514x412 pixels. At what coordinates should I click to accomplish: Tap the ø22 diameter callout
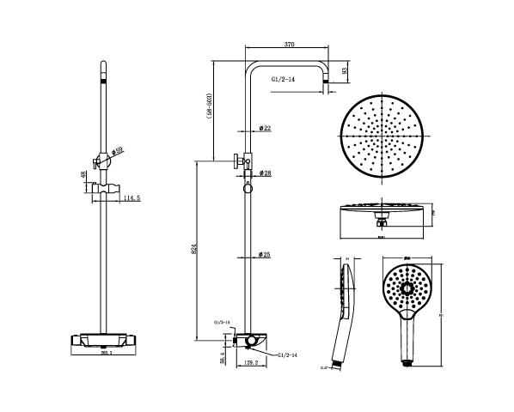[x=265, y=129]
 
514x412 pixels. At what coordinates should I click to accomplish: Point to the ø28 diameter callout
[x=266, y=173]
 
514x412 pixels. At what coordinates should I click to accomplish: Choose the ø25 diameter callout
[x=266, y=255]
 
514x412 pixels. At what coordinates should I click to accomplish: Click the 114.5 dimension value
[x=132, y=198]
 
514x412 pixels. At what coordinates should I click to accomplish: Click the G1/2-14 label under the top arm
[x=283, y=80]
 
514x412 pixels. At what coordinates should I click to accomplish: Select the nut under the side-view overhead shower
[x=381, y=223]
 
